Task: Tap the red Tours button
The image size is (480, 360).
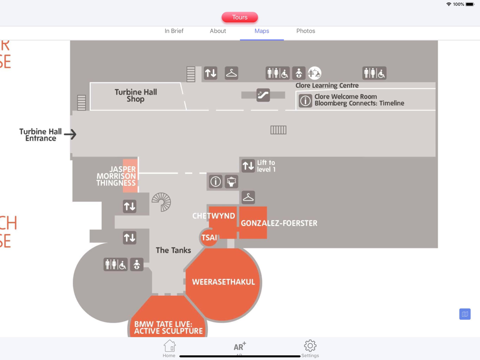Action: point(240,17)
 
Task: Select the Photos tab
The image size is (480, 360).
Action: point(305,31)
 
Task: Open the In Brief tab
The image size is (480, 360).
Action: point(174,31)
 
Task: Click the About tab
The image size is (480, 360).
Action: point(217,31)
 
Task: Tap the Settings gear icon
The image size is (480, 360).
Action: point(310,346)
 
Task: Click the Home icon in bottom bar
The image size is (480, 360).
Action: point(169,346)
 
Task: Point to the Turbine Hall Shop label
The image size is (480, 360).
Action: point(135,96)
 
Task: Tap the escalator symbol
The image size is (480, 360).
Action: point(263,95)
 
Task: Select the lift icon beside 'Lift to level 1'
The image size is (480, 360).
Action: point(248,166)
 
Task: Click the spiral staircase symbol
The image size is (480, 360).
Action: point(161,202)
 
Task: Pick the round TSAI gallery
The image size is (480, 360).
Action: point(209,238)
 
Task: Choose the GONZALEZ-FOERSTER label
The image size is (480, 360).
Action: point(278,223)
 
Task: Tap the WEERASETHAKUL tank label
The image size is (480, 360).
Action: point(223,282)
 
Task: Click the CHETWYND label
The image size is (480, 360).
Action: point(214,216)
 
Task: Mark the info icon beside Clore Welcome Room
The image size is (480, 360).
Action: point(305,100)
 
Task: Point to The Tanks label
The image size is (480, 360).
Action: point(173,250)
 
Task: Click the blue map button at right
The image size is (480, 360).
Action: point(465,314)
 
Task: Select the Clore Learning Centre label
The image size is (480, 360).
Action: point(327,85)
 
